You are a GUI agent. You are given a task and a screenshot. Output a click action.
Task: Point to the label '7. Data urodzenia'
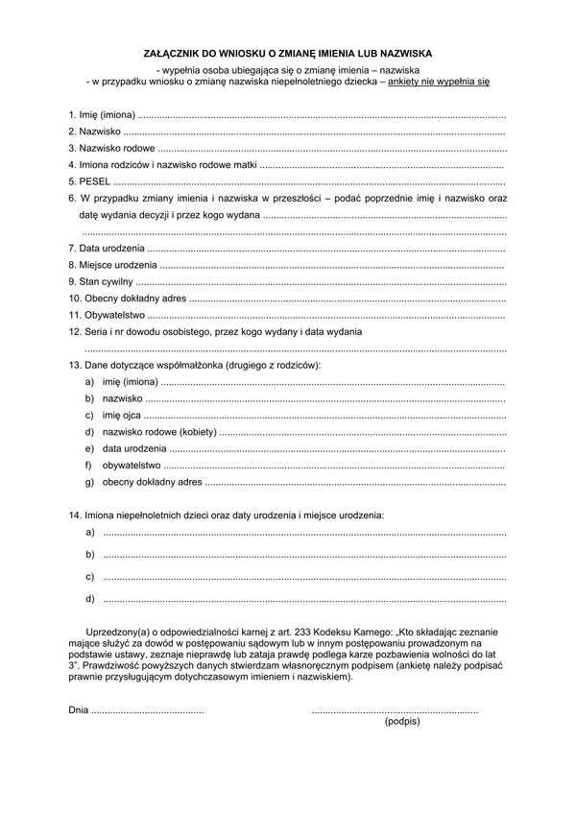[106, 248]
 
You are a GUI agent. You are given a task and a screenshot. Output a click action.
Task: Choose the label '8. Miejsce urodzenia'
[112, 264]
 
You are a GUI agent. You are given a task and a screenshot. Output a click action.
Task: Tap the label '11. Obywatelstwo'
[107, 314]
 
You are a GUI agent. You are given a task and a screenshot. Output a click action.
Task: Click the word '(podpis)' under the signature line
[401, 721]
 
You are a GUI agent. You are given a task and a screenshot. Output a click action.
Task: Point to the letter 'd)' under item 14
[89, 599]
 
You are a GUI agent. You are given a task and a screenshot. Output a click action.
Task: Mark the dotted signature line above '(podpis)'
[395, 711]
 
